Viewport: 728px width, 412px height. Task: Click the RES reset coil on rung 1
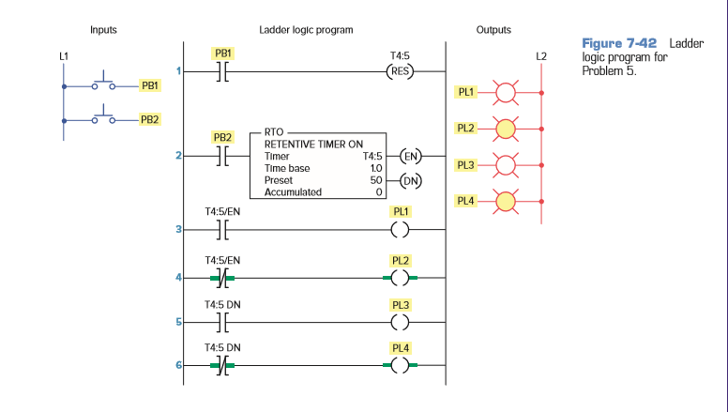(401, 72)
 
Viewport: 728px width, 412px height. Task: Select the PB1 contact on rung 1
(222, 72)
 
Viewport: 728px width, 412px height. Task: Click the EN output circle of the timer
(409, 157)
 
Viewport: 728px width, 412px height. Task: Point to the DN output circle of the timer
(409, 180)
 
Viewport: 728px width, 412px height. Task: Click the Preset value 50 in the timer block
(376, 180)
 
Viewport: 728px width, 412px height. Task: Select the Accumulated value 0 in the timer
(379, 192)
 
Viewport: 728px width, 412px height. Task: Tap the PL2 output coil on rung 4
(401, 278)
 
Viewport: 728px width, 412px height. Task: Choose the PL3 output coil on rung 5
(401, 322)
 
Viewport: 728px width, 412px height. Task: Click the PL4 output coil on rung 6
(401, 366)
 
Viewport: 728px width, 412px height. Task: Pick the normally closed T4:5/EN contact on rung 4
(222, 278)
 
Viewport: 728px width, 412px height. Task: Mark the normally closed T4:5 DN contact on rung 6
(222, 366)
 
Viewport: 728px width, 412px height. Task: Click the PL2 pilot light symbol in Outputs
(507, 129)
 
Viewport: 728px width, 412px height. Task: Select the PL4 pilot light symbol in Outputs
(507, 200)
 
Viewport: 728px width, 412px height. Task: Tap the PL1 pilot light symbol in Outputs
(507, 93)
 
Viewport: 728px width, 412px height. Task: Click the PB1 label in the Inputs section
(149, 85)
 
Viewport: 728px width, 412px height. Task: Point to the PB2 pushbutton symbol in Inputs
(103, 119)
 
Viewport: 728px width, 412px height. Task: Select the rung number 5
(178, 322)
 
